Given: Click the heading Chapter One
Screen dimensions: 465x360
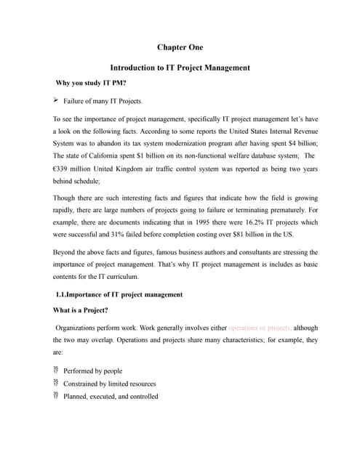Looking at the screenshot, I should point(180,47).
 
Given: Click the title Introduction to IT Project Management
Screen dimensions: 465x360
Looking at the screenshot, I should point(180,68).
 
